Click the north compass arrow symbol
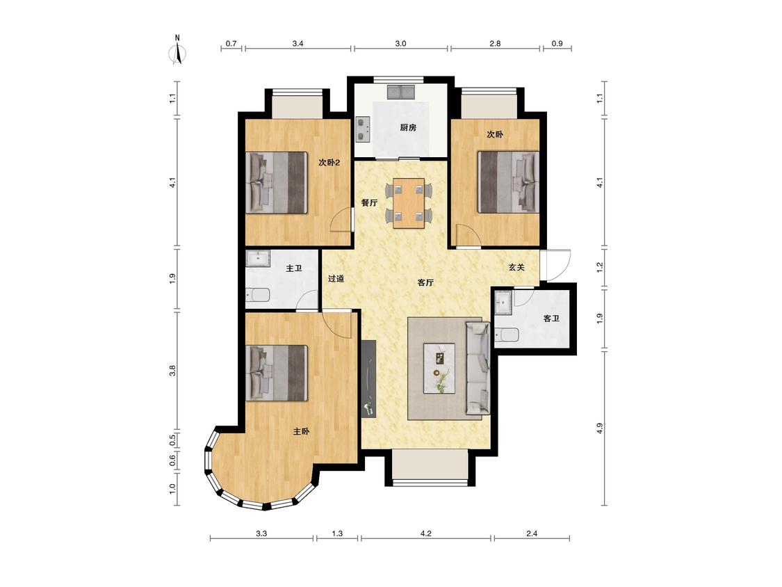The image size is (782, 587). [177, 53]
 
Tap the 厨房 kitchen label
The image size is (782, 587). [408, 128]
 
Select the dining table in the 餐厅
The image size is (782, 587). [409, 203]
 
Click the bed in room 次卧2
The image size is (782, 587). [276, 183]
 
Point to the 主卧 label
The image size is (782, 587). [301, 431]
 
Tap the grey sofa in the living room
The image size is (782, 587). [478, 369]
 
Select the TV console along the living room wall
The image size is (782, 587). [368, 379]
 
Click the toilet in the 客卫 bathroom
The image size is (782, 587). [507, 335]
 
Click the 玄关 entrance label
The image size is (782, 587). [516, 268]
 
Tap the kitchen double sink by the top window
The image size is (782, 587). [401, 93]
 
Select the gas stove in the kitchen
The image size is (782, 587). [363, 129]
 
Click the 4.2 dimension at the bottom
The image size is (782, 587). [425, 533]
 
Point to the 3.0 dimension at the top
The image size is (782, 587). [400, 43]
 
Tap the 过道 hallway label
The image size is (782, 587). [336, 278]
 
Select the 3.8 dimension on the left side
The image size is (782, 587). [172, 371]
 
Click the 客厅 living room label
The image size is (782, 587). [425, 282]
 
